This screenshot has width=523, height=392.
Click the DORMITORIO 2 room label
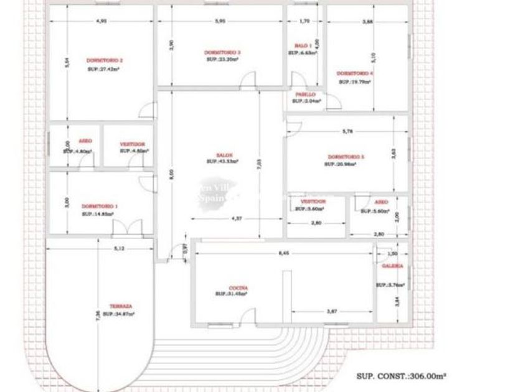[x=104, y=60]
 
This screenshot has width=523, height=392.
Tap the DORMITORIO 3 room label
[x=222, y=52]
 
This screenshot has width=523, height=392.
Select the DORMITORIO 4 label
[x=355, y=73]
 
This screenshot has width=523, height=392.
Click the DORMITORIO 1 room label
[x=99, y=206]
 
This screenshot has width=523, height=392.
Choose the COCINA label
[x=238, y=287]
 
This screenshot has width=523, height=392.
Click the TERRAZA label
[x=120, y=306]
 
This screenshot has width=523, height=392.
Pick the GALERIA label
[x=392, y=266]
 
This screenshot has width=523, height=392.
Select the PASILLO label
[x=305, y=95]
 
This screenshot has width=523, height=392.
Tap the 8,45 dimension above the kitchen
[x=283, y=253]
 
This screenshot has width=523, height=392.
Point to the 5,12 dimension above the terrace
[x=120, y=249]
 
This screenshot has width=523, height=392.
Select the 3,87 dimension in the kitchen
[x=332, y=311]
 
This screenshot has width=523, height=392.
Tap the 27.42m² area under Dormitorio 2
[x=104, y=69]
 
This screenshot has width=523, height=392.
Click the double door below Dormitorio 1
[x=122, y=229]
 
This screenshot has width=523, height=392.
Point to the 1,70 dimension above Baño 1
[x=304, y=21]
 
